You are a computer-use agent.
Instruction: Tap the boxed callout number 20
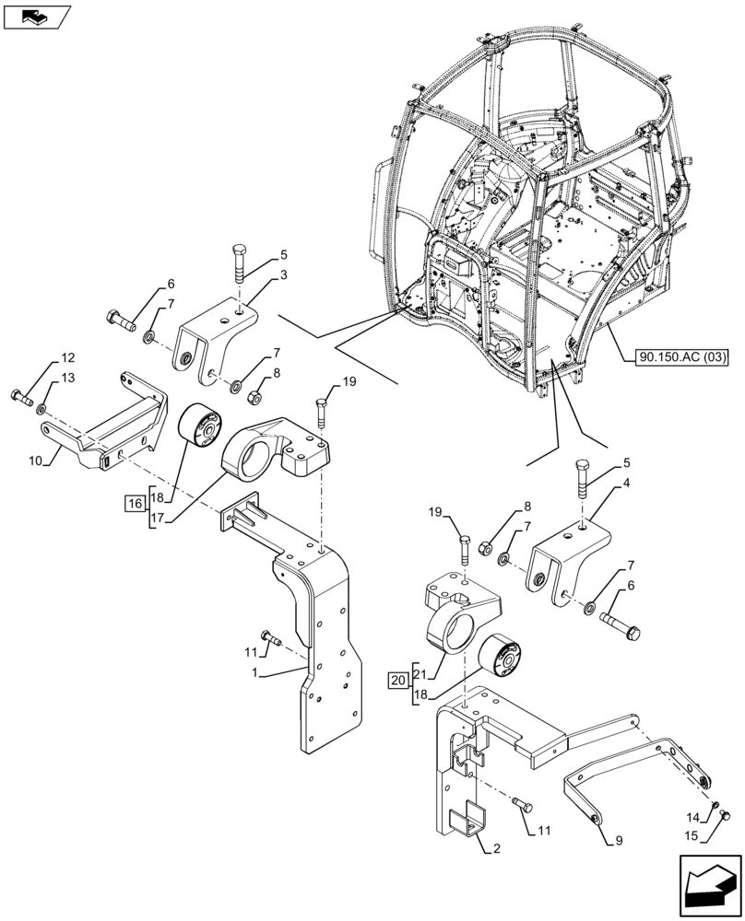coord(397,681)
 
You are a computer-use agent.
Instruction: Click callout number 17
coord(156,519)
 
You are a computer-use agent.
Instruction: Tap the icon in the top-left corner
coord(37,16)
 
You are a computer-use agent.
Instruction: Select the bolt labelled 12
coord(19,398)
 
